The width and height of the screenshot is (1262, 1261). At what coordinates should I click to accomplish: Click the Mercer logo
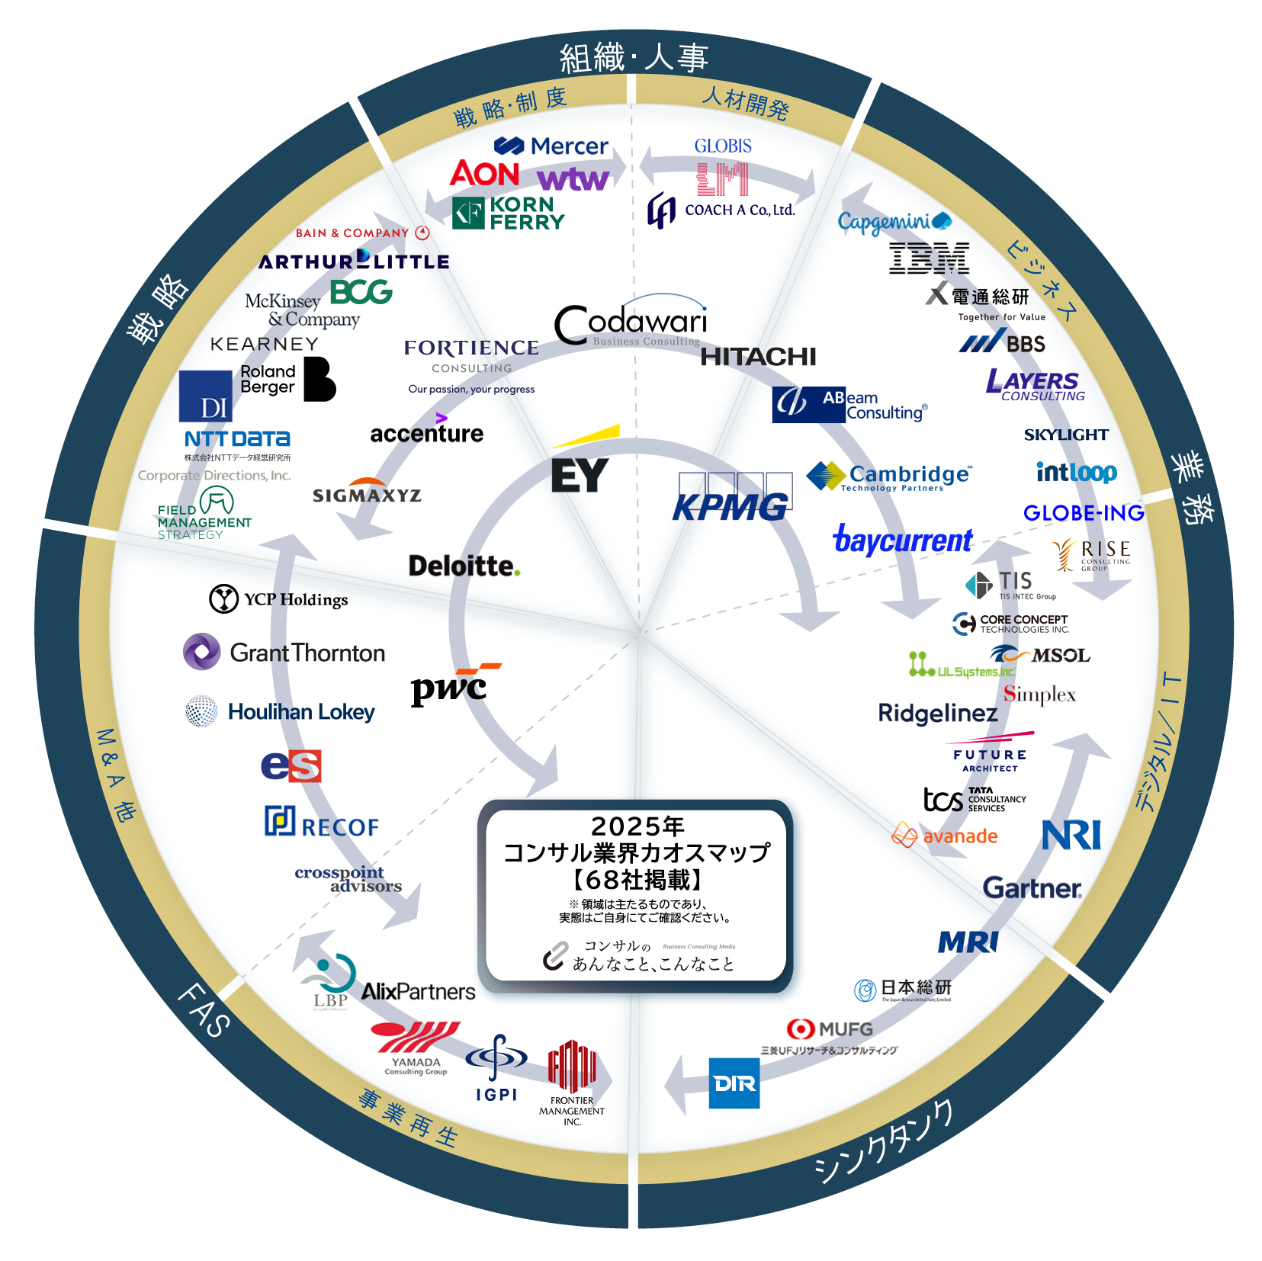coord(551,146)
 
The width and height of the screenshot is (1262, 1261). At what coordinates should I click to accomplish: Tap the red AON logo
coord(485,174)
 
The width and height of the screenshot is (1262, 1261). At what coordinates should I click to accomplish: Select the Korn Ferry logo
coord(509,213)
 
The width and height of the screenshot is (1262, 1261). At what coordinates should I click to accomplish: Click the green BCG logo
coord(361,291)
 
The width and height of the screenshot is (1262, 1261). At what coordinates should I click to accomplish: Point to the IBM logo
coord(929,258)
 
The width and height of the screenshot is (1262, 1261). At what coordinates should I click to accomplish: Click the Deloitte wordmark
coord(464,566)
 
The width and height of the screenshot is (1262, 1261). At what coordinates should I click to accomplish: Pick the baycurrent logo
coord(902,540)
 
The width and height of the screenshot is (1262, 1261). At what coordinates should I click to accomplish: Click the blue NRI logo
coord(1071,835)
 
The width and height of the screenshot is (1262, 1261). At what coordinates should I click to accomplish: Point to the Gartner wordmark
coord(1032,888)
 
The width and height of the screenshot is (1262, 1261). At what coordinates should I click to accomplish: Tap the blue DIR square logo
coord(734,1083)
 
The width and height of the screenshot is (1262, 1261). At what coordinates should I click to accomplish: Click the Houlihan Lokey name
coord(301,712)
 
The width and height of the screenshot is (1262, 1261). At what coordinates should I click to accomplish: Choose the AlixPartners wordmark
coord(418,991)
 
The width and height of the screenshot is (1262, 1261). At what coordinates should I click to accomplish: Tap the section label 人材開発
coord(745,102)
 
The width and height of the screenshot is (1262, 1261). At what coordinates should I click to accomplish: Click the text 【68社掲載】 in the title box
coord(637,880)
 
